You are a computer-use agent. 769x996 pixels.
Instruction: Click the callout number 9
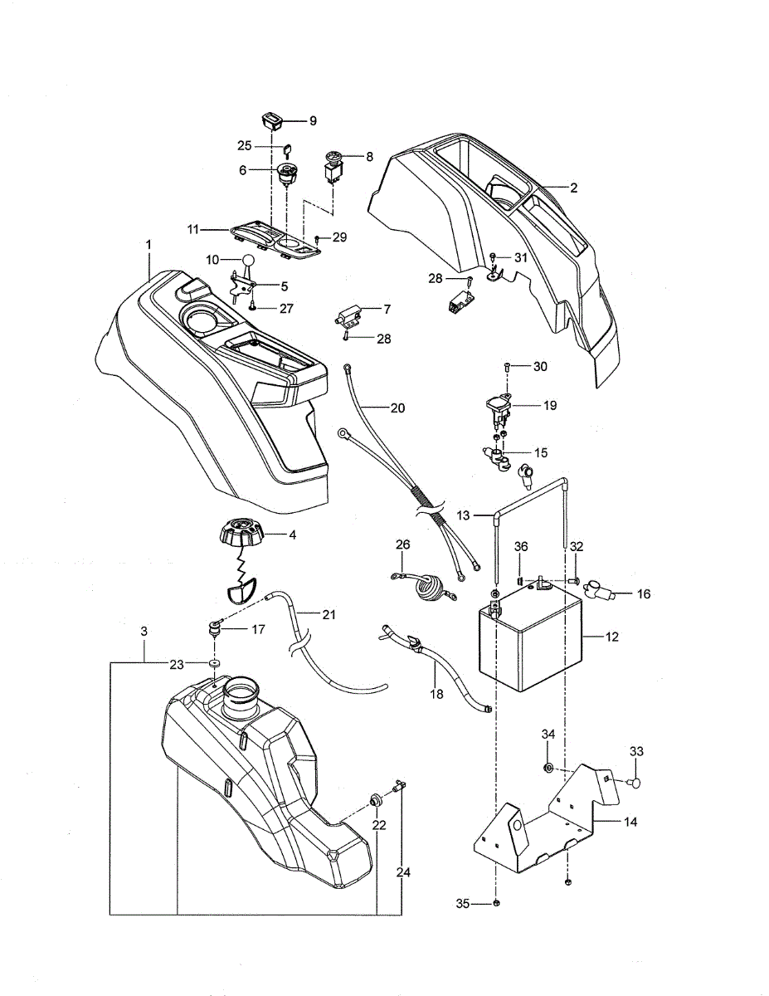point(313,120)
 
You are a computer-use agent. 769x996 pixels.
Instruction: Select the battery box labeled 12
point(529,638)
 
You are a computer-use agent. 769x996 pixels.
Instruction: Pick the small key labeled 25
point(288,150)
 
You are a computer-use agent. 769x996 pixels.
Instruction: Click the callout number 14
point(630,822)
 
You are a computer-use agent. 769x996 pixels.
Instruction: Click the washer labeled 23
point(214,663)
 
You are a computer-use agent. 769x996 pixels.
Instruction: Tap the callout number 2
point(573,188)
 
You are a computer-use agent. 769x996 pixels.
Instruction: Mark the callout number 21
point(329,615)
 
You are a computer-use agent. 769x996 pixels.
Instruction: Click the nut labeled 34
point(548,768)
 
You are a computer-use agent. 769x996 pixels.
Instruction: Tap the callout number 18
point(437,694)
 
